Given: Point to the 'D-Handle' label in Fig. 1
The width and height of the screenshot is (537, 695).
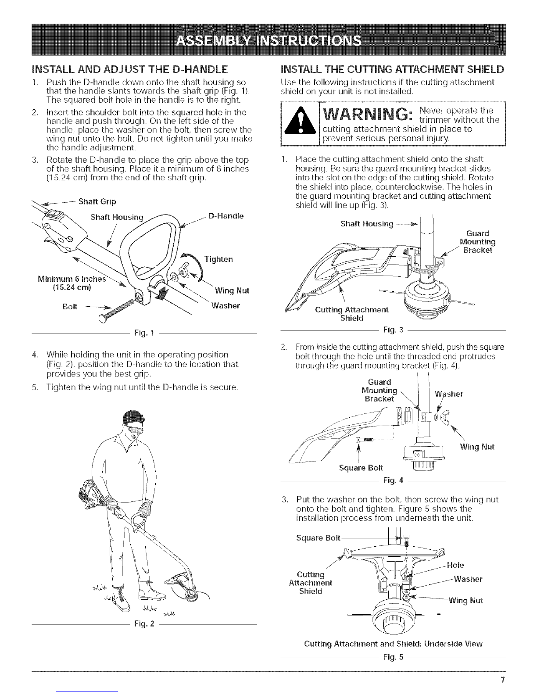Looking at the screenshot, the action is point(226,216).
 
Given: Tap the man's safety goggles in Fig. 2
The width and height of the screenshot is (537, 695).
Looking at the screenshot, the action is point(130,428).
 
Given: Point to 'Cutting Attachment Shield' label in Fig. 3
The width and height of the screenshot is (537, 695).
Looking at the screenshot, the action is point(352,314).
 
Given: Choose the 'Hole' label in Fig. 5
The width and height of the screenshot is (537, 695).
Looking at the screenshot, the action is point(456,565).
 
